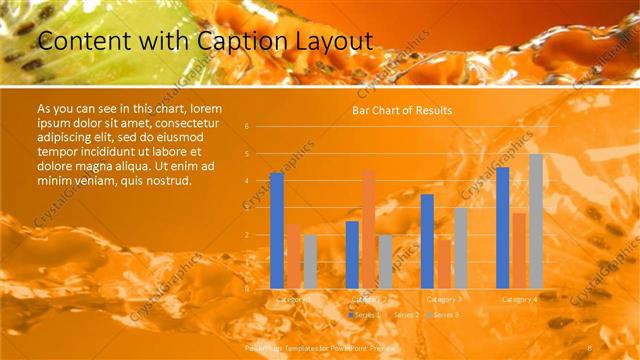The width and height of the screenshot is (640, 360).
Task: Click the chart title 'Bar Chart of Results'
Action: pyautogui.click(x=402, y=110)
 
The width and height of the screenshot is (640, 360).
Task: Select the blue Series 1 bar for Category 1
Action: pyautogui.click(x=277, y=230)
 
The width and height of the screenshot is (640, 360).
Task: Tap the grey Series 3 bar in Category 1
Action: pyautogui.click(x=310, y=261)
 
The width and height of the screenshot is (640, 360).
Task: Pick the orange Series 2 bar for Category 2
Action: pyautogui.click(x=369, y=228)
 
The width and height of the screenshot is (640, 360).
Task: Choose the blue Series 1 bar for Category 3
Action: pyautogui.click(x=427, y=241)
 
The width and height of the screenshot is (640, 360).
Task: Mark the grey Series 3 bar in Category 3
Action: pyautogui.click(x=460, y=247)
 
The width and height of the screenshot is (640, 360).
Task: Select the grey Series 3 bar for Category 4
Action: pyautogui.click(x=536, y=221)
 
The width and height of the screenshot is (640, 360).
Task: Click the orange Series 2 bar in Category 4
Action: pyautogui.click(x=519, y=250)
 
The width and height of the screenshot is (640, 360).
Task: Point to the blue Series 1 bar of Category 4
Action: pyautogui.click(x=502, y=227)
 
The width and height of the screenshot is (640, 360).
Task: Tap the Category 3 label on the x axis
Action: pyautogui.click(x=443, y=299)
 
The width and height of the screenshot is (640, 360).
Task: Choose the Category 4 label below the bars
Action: pyautogui.click(x=519, y=299)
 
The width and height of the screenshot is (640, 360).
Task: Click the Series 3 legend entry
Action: pyautogui.click(x=443, y=314)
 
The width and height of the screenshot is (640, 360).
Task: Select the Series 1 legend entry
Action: pyautogui.click(x=362, y=314)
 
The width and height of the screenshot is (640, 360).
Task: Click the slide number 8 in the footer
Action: pyautogui.click(x=591, y=344)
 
